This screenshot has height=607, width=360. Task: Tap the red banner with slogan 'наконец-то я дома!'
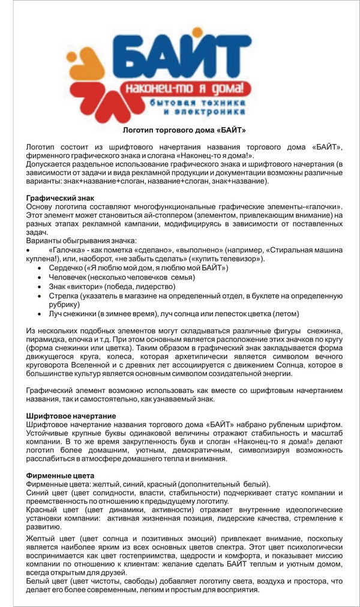click(183, 89)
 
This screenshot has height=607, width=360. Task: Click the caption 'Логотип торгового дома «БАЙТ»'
click(180, 130)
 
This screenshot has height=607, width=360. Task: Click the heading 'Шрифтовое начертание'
click(71, 416)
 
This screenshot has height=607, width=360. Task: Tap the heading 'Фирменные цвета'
click(57, 476)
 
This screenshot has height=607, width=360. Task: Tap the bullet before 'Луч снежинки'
click(40, 314)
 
